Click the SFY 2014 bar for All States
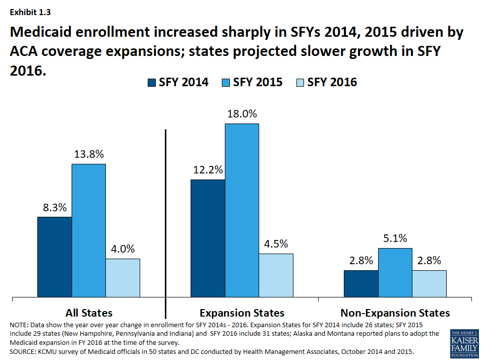54,257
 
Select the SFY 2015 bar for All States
89,230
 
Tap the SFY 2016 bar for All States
123,278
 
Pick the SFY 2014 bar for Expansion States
208,238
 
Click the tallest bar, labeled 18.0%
242,210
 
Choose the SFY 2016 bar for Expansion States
276,275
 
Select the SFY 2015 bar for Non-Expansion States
395,272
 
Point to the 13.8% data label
88,154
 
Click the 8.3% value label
54,207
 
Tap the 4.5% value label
276,244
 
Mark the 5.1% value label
395,238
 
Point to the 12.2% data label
208,170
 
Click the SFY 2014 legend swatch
151,83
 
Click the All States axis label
89,313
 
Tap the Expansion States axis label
242,313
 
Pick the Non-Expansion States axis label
395,313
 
